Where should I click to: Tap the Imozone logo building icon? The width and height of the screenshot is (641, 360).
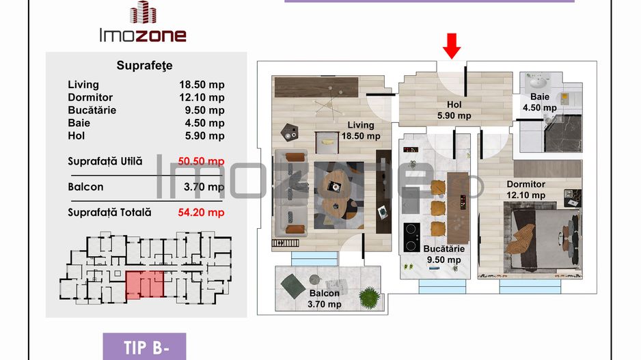click(141, 13)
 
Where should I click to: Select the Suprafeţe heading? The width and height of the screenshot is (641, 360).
click(144, 66)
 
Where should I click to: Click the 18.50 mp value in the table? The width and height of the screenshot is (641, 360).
click(202, 85)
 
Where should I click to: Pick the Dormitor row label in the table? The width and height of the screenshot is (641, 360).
click(90, 98)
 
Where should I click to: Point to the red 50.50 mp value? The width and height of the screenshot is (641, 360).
click(202, 161)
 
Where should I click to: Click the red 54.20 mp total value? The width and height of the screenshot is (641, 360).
click(202, 212)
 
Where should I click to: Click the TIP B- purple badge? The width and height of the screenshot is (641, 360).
click(144, 347)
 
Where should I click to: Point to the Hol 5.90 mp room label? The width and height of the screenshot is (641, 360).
click(454, 110)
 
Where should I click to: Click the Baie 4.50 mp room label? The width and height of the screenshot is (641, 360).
click(539, 102)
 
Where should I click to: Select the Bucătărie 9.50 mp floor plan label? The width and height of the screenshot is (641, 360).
click(441, 254)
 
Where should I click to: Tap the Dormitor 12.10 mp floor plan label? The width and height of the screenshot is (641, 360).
click(526, 189)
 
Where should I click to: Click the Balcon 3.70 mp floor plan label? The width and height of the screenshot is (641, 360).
click(323, 299)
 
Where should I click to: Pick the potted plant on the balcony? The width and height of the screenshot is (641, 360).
click(369, 296)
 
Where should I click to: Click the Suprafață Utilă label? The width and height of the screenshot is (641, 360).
click(105, 161)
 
